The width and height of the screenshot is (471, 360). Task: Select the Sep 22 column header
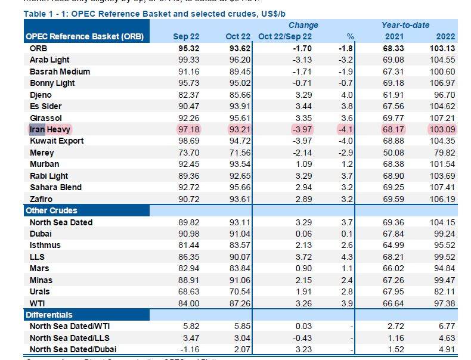point(185,36)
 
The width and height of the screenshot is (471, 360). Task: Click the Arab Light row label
point(49,60)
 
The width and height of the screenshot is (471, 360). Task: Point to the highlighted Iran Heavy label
point(49,129)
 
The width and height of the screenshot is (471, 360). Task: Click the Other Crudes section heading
point(51,210)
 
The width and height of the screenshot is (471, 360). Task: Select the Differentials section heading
point(49,314)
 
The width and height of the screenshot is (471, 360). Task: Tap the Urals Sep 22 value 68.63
point(187,291)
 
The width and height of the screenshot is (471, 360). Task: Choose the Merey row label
point(42,153)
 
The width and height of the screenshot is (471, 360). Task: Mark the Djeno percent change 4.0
point(348,95)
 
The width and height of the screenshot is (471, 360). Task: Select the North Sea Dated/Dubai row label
point(73,349)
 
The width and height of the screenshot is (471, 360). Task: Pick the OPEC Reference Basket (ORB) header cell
point(84,36)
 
